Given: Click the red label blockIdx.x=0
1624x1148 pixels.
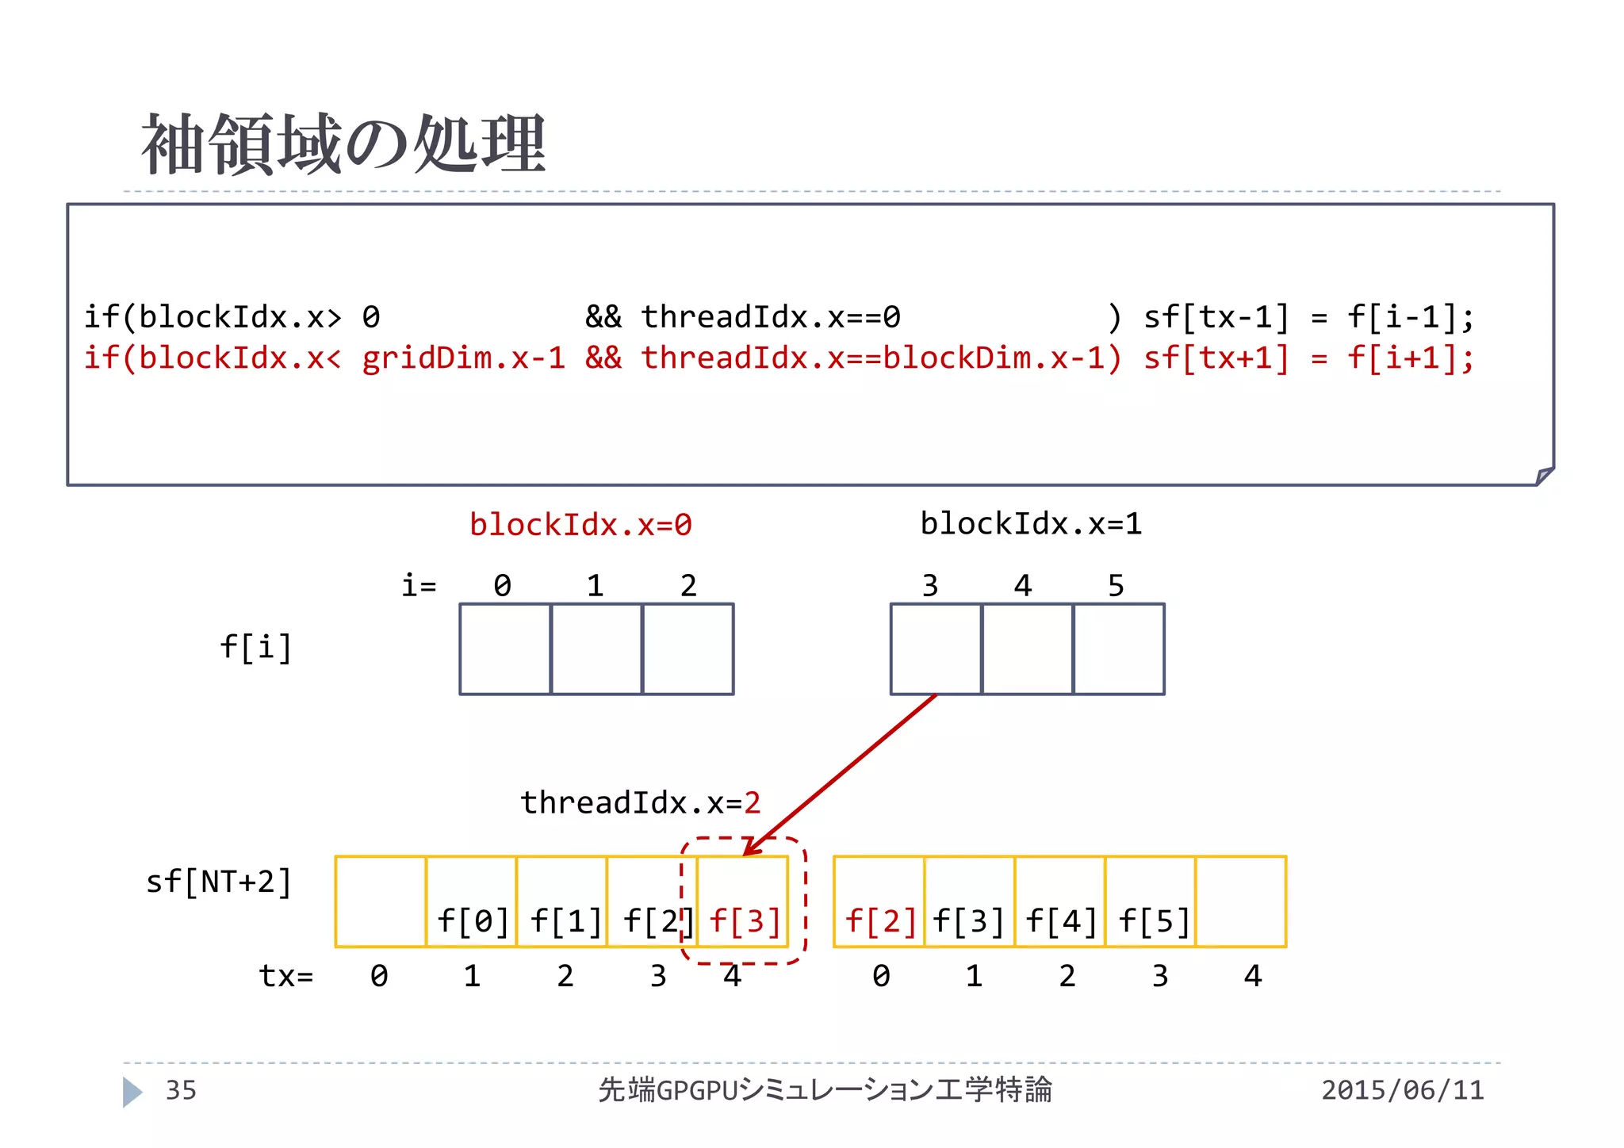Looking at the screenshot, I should (580, 525).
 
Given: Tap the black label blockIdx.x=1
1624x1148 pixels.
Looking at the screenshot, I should (1031, 524).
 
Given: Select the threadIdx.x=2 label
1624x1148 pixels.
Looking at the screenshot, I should (640, 803).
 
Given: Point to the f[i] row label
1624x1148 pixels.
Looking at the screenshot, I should (255, 648).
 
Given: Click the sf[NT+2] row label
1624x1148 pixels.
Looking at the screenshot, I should (219, 882).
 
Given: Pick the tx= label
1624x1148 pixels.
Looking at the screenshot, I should (285, 976).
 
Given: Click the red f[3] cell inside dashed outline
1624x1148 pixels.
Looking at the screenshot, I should (744, 902).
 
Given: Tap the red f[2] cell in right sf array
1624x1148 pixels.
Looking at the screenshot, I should (879, 902).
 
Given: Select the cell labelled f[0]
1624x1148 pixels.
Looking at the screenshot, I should (472, 902).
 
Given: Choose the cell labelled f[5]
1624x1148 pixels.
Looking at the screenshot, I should (1151, 902).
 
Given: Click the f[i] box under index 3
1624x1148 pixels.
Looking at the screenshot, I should (936, 649).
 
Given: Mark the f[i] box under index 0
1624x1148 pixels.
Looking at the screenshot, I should (505, 649).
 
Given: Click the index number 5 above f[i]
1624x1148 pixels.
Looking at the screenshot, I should (1116, 586).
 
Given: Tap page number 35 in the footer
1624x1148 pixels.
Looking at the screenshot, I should (181, 1091).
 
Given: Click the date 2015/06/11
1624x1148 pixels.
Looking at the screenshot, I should (1402, 1091).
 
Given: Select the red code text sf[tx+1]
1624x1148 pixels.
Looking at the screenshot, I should (1216, 358).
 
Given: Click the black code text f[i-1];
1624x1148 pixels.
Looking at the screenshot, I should (1411, 317).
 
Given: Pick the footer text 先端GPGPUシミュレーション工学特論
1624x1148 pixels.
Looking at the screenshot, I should (825, 1091).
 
